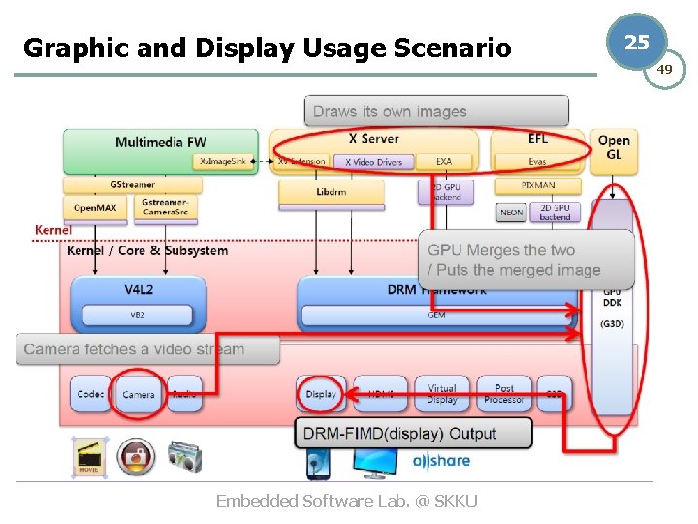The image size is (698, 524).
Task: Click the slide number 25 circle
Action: click(x=636, y=42)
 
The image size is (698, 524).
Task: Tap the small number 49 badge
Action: click(x=665, y=70)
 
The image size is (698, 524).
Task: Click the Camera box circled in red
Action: click(x=138, y=394)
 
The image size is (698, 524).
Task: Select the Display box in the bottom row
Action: click(x=320, y=394)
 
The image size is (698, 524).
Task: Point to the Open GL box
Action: click(x=614, y=147)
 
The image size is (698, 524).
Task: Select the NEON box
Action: click(x=511, y=212)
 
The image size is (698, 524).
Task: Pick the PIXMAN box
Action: click(x=538, y=184)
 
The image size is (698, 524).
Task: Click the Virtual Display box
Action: click(x=442, y=394)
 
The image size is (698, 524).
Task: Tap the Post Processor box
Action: click(x=504, y=394)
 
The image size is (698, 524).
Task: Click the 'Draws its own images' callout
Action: click(x=391, y=112)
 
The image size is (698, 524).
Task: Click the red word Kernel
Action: click(x=52, y=230)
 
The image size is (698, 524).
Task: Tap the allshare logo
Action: click(x=441, y=461)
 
